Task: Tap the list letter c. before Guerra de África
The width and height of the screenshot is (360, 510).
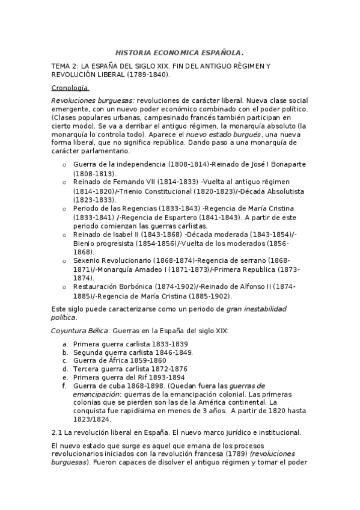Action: (x=64, y=360)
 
